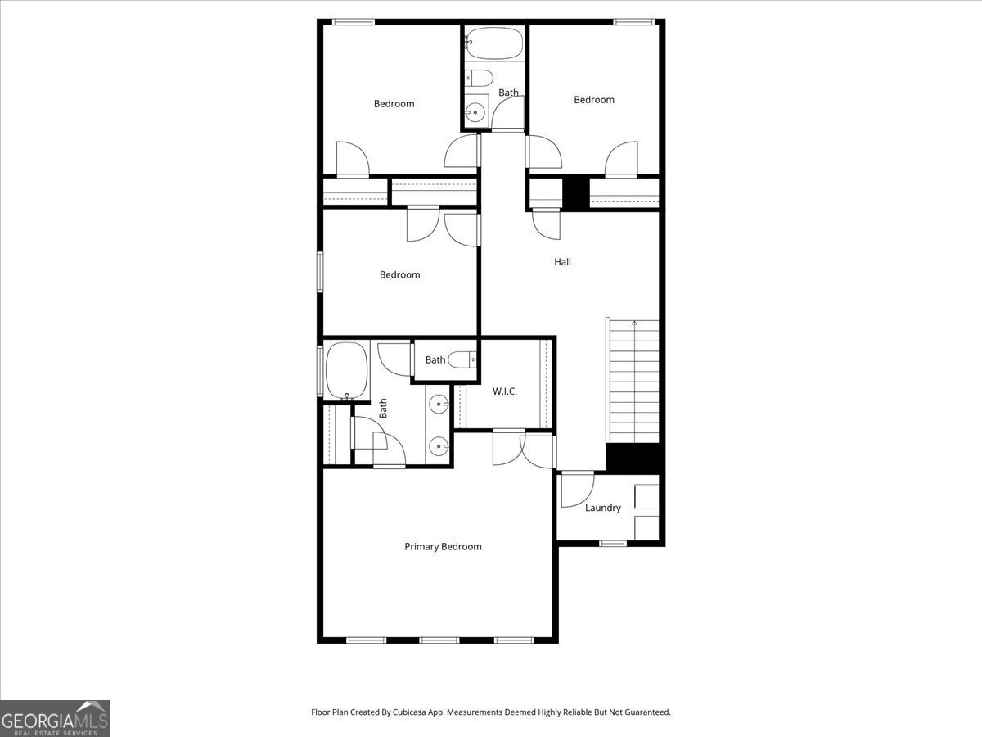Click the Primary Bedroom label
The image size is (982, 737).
pos(443,547)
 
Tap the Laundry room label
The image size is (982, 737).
pos(602,509)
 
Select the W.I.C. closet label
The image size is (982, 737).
pos(504,391)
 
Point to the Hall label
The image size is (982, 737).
pos(562,262)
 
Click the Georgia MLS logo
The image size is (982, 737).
pos(55,718)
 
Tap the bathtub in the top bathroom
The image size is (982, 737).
pos(493,44)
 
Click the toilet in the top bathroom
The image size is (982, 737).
pos(480,79)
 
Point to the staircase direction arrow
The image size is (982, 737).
pos(635,324)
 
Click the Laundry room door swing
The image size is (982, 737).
pos(576,488)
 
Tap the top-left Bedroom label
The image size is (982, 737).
pos(394,104)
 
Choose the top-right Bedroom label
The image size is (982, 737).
pos(593,100)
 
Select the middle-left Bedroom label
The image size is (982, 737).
pos(399,275)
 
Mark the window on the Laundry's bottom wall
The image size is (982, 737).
pos(612,543)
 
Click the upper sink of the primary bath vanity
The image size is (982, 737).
pos(440,404)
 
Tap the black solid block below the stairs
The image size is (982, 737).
pos(632,458)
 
